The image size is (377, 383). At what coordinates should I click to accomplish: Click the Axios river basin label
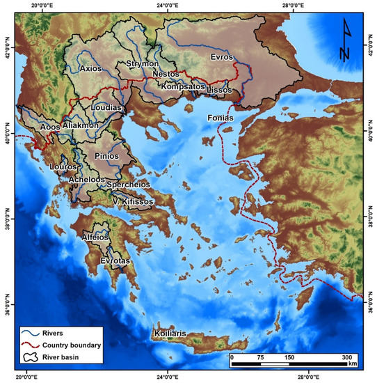coord(90,69)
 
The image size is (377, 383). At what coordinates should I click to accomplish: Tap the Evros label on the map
coord(225,58)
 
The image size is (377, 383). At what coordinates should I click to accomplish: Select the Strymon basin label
coord(143,64)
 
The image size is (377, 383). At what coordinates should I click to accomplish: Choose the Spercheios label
coord(129,186)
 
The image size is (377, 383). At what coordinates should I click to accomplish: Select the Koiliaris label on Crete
coord(170,334)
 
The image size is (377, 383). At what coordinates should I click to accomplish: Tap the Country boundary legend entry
coord(61,345)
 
